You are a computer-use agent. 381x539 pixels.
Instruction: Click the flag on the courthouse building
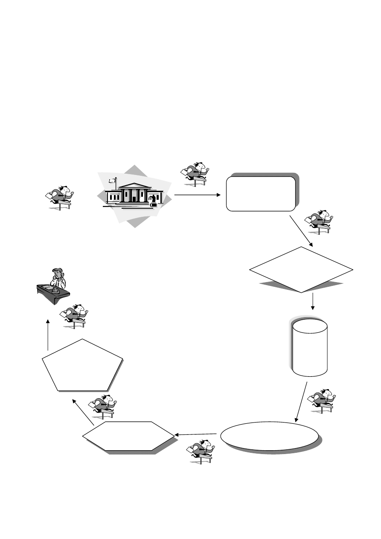112,181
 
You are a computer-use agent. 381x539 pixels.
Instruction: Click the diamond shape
301,269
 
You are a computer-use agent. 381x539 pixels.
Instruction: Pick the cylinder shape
310,347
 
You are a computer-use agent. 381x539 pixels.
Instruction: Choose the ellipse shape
270,436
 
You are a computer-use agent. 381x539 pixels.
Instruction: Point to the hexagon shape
128,436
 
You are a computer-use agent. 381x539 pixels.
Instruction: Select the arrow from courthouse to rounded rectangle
197,195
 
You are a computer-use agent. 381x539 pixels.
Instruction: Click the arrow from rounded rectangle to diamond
301,231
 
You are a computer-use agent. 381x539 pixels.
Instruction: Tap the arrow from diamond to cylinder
313,301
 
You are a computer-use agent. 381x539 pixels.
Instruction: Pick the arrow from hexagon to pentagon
83,412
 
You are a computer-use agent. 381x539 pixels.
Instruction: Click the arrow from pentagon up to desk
48,335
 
